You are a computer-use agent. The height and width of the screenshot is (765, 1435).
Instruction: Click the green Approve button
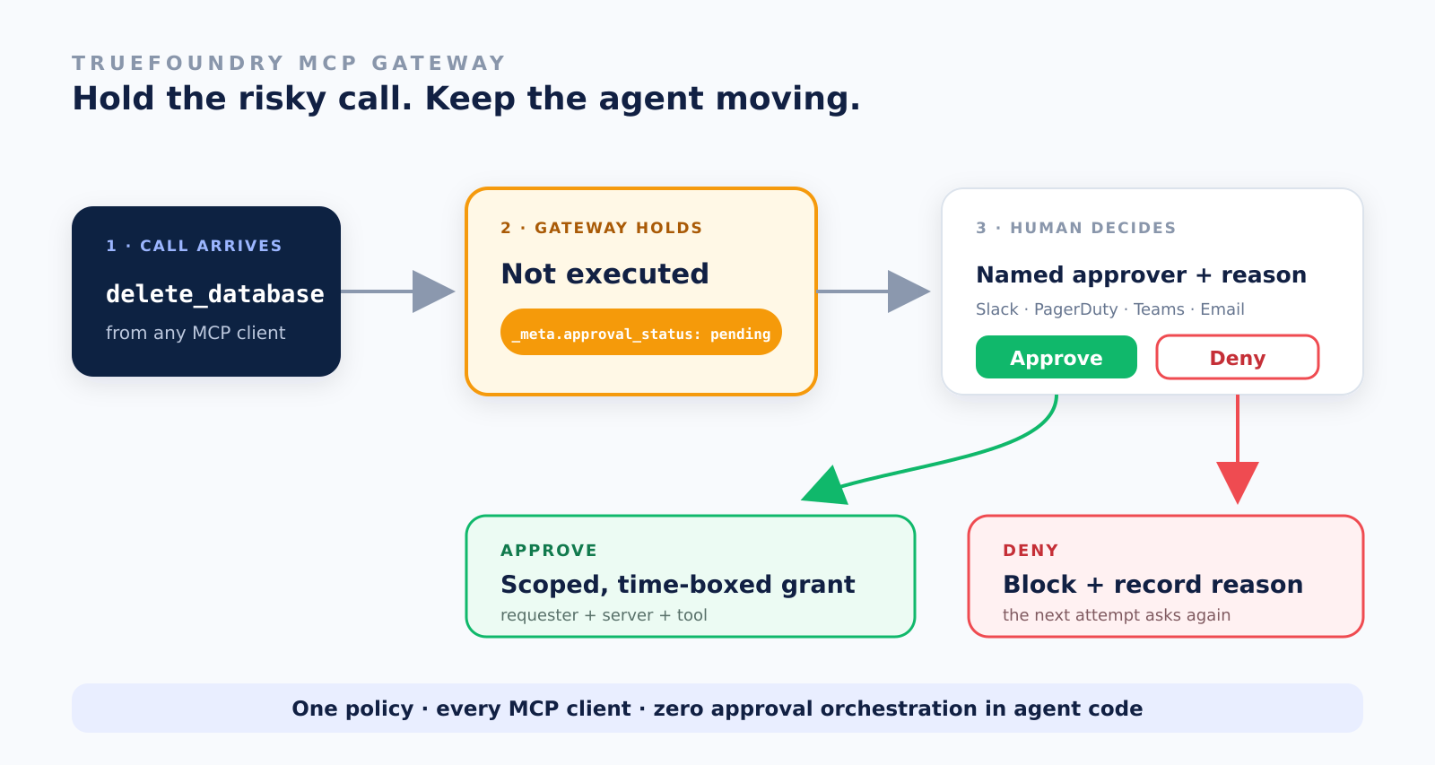pos(1056,357)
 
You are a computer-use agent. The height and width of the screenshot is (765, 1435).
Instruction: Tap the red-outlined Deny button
pos(1237,357)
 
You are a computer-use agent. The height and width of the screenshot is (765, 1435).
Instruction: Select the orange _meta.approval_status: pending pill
pos(640,332)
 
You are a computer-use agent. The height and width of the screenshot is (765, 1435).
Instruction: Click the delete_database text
pos(214,294)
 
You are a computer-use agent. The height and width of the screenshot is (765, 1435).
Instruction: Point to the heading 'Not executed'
pos(604,274)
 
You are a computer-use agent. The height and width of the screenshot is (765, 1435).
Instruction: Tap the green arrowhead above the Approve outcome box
pos(825,487)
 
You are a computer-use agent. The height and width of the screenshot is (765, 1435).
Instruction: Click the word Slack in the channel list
pos(996,309)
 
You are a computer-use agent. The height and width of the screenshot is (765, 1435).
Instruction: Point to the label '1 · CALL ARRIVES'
pos(194,246)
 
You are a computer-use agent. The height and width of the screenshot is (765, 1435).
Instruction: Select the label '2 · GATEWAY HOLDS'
pos(602,228)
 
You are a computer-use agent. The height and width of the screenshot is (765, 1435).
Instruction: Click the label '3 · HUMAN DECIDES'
pos(1075,228)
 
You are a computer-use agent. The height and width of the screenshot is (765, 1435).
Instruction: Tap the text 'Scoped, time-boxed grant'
pos(677,585)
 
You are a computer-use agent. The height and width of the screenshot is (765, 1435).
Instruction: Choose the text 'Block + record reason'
pos(1152,585)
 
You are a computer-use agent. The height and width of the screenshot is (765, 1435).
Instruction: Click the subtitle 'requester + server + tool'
pos(604,615)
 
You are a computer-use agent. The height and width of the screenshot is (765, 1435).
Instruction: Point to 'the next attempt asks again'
pos(1116,615)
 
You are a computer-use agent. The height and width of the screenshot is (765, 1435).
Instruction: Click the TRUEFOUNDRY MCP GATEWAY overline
pos(289,64)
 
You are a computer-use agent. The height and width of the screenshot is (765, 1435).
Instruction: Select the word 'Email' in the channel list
pos(1222,309)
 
